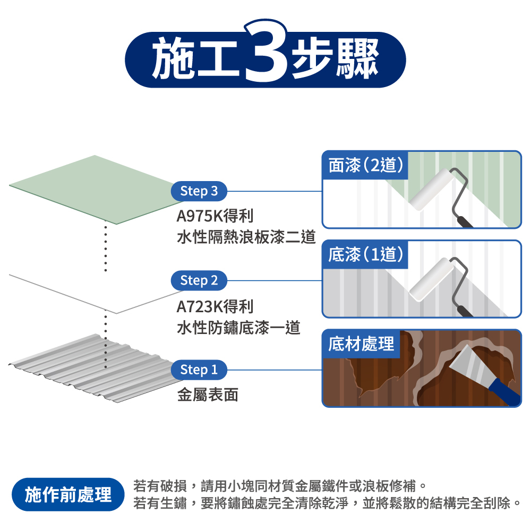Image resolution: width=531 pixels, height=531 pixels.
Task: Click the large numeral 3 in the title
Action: click(x=266, y=51)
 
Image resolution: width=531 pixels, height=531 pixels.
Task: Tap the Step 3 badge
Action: click(x=199, y=191)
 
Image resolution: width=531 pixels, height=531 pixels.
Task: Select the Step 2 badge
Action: click(x=199, y=280)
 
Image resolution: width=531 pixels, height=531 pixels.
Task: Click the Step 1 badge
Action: click(x=199, y=370)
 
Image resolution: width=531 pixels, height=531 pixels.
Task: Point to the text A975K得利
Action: click(x=215, y=216)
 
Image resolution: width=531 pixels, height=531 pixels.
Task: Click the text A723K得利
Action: click(x=215, y=307)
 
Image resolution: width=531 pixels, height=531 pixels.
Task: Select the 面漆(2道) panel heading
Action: click(x=366, y=165)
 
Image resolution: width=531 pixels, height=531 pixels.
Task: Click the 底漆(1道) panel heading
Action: click(x=366, y=255)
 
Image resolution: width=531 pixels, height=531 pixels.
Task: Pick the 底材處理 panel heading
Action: click(x=361, y=344)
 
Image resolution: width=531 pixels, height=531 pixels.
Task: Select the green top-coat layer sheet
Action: click(x=96, y=190)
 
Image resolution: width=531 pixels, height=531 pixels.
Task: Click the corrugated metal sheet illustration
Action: click(x=91, y=368)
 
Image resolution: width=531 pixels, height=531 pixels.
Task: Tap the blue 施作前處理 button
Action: click(x=68, y=494)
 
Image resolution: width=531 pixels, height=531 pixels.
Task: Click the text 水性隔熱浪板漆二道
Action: click(x=246, y=237)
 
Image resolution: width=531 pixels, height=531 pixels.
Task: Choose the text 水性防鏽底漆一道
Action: click(x=238, y=328)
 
